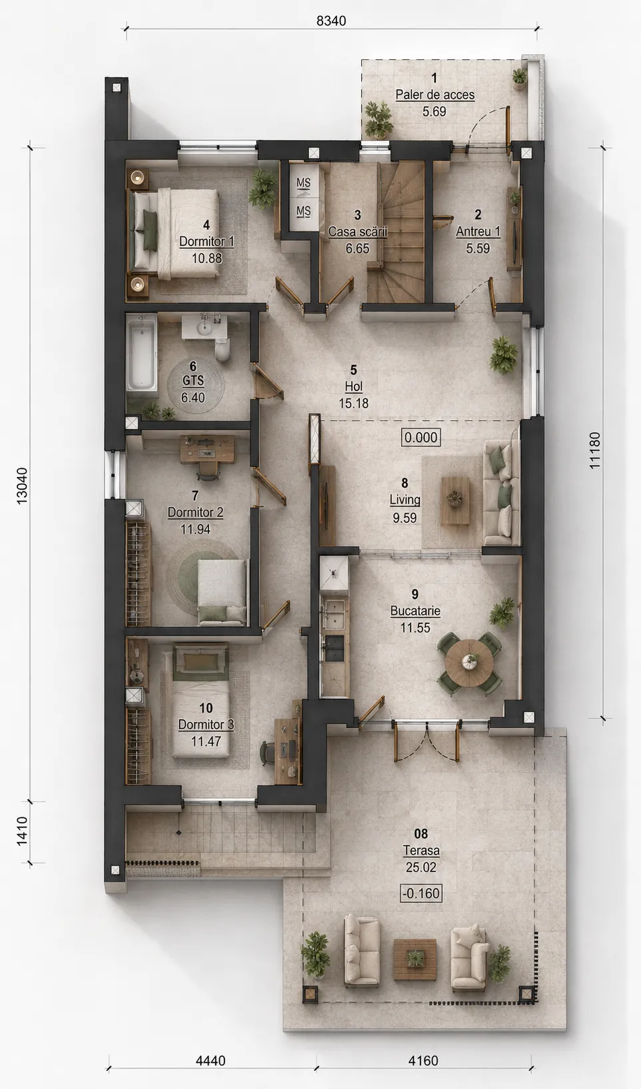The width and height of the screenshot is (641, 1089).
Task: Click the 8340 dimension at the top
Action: [x=330, y=21]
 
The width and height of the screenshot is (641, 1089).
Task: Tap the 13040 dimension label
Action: [x=23, y=486]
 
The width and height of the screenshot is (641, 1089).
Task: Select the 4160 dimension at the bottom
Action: [x=423, y=1060]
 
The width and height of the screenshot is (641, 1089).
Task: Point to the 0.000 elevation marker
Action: [x=421, y=437]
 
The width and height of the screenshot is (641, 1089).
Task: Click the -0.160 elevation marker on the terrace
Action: [x=420, y=893]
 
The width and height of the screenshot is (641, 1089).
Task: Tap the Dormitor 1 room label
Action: [x=207, y=241]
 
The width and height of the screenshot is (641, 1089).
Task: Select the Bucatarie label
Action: [x=415, y=611]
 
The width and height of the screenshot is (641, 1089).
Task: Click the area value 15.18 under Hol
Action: [x=354, y=403]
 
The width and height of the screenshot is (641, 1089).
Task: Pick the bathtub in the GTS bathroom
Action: [x=141, y=352]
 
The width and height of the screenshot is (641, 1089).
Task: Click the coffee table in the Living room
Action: [x=455, y=501]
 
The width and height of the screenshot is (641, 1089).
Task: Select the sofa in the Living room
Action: [x=498, y=493]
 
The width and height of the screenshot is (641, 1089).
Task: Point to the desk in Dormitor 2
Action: [x=207, y=449]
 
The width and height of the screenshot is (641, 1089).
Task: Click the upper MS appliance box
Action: [x=303, y=183]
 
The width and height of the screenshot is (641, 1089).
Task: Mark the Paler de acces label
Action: [x=435, y=95]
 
